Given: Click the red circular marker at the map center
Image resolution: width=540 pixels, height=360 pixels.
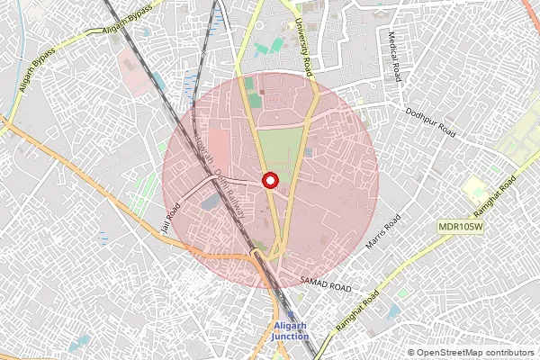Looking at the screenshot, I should click(x=269, y=180).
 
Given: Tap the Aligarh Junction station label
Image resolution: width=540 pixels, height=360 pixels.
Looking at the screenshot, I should click(x=291, y=331).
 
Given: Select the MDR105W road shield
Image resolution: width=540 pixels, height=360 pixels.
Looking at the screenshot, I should click(x=461, y=227).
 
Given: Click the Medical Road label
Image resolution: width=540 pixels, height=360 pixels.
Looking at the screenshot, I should click(x=392, y=55).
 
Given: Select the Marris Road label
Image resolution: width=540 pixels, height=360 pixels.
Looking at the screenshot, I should click(x=383, y=231).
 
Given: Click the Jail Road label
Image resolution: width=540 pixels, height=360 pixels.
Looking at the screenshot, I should click(x=169, y=219).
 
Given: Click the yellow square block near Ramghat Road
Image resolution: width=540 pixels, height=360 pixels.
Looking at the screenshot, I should click(x=474, y=190).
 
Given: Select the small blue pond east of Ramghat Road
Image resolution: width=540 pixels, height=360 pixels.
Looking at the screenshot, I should click(x=393, y=310).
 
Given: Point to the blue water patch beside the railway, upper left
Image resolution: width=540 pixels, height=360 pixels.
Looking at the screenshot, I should click(x=191, y=86).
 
